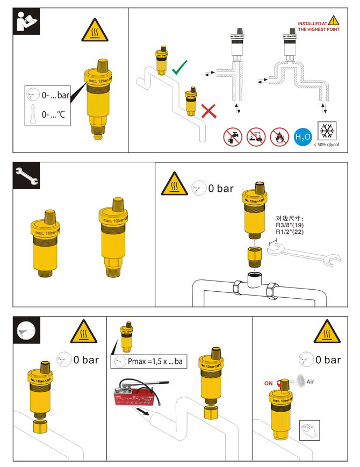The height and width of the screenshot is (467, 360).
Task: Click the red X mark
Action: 209,111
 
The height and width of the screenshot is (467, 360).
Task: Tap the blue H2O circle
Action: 304,138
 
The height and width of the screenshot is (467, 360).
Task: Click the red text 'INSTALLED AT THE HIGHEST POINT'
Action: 313,27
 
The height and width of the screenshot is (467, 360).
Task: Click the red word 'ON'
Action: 269,384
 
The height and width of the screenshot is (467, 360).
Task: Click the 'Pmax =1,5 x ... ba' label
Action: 147,362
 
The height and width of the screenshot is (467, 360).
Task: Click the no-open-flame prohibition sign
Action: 279,137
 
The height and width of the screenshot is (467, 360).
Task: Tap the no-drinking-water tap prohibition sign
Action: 232,137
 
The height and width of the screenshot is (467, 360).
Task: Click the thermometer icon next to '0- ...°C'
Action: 33,114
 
